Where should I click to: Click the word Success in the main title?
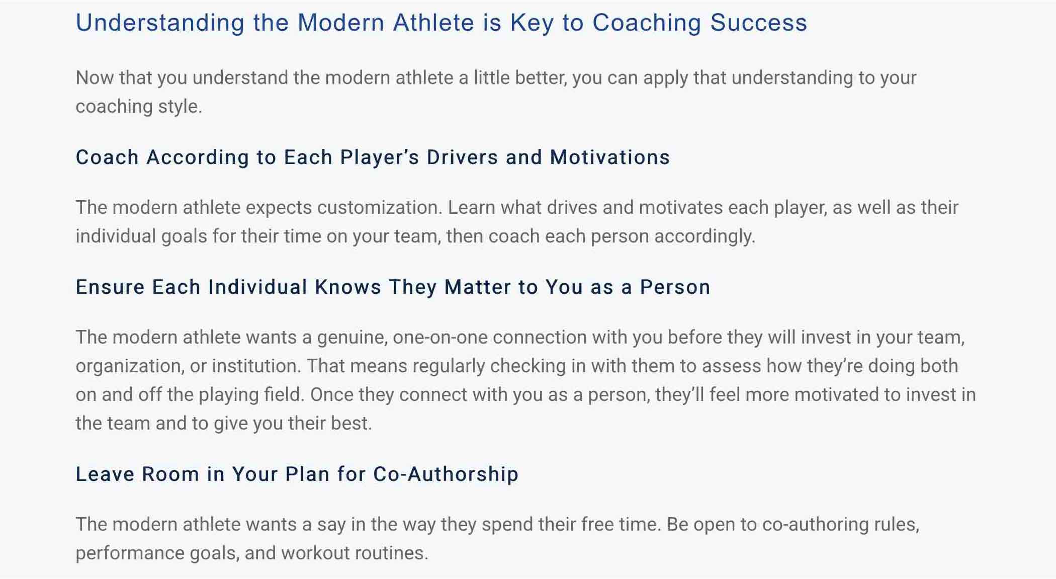(759, 23)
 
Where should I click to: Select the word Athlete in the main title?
(434, 23)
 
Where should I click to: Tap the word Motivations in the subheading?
(610, 157)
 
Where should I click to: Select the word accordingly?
(705, 236)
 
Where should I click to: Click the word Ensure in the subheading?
(111, 287)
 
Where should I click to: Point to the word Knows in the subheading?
(348, 287)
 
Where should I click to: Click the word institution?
(256, 366)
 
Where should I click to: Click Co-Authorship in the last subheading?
(446, 474)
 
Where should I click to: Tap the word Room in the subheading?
(170, 474)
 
